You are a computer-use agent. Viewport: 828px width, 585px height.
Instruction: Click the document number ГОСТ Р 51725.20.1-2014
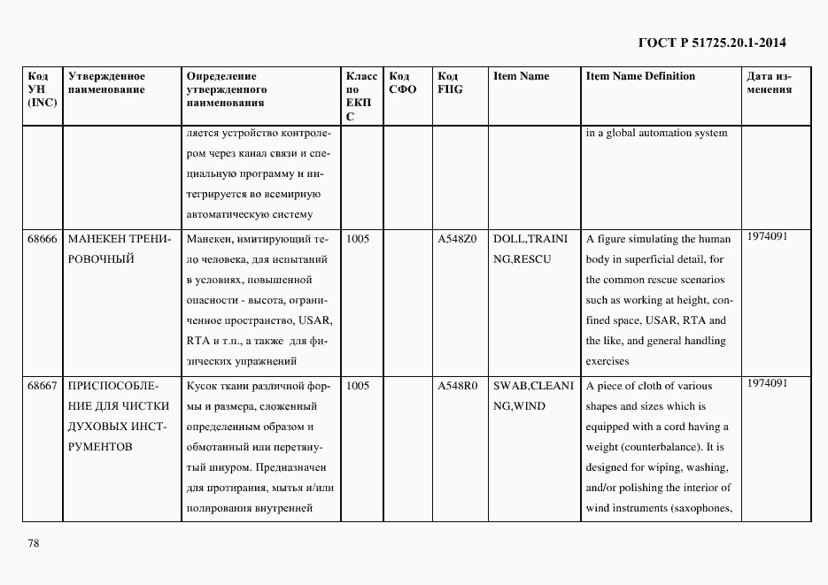tap(711, 42)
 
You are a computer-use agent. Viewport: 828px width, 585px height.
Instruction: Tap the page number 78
tap(34, 543)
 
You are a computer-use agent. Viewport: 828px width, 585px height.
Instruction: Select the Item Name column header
tap(521, 76)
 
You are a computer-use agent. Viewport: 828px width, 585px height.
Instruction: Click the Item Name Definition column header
tap(640, 76)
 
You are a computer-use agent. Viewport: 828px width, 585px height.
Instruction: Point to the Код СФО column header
tap(402, 83)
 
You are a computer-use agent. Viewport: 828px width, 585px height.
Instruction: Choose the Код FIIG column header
tap(450, 83)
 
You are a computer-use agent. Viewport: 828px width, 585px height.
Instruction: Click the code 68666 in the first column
tap(43, 239)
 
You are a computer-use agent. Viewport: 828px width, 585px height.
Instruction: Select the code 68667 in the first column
tap(43, 386)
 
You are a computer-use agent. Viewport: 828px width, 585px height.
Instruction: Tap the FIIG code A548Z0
tap(457, 239)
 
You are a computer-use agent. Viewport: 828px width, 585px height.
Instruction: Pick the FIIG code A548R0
tap(457, 386)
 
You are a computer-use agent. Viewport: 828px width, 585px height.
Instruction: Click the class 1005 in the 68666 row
tap(358, 239)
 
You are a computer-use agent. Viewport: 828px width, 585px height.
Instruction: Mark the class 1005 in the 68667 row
tap(358, 386)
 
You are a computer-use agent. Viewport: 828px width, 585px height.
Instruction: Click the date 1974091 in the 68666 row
tap(767, 236)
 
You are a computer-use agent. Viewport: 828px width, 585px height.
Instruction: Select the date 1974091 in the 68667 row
tap(767, 383)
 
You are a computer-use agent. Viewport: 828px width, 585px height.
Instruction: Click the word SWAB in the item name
tap(510, 386)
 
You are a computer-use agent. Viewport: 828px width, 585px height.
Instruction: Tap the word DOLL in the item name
tap(509, 239)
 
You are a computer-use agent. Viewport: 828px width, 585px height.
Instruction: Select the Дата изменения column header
tap(769, 83)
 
